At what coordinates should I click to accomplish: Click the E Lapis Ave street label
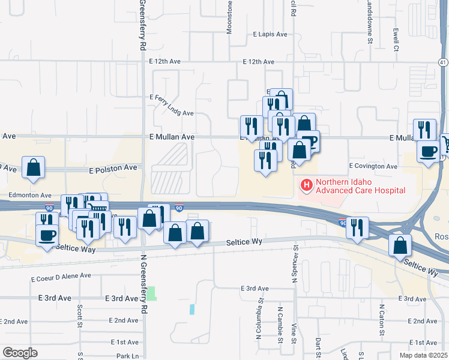click(x=270, y=34)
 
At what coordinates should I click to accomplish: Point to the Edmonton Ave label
click(x=30, y=195)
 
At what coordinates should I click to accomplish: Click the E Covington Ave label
click(x=373, y=166)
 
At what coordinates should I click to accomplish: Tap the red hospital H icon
click(x=306, y=185)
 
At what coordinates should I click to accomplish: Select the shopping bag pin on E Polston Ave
click(x=34, y=168)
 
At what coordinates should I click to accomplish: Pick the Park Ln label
click(x=128, y=356)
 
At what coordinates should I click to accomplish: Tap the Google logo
click(x=20, y=353)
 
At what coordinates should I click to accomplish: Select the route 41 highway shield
click(x=443, y=62)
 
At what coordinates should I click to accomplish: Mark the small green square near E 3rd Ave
click(x=152, y=293)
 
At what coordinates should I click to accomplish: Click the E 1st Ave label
click(x=125, y=342)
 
